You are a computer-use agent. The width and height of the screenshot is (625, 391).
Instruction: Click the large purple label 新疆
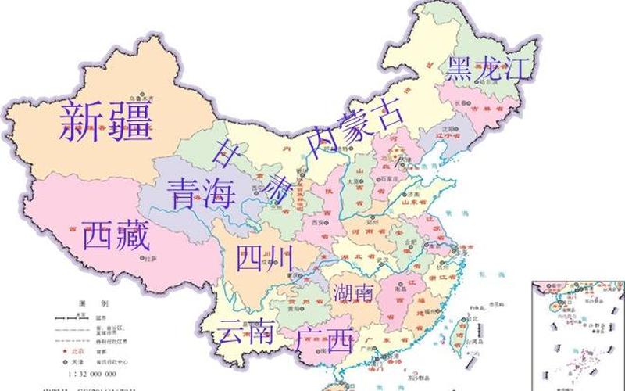105,121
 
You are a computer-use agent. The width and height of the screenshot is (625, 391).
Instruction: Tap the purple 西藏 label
116,235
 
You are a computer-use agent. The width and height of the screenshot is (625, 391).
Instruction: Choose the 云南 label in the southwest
245,333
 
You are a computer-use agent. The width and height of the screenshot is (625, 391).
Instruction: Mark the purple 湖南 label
352,294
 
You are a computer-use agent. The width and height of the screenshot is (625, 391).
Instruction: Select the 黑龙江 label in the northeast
493,69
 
